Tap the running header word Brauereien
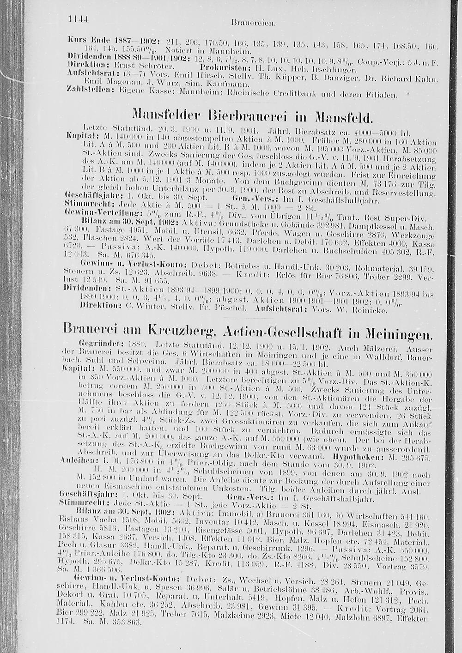247,21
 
